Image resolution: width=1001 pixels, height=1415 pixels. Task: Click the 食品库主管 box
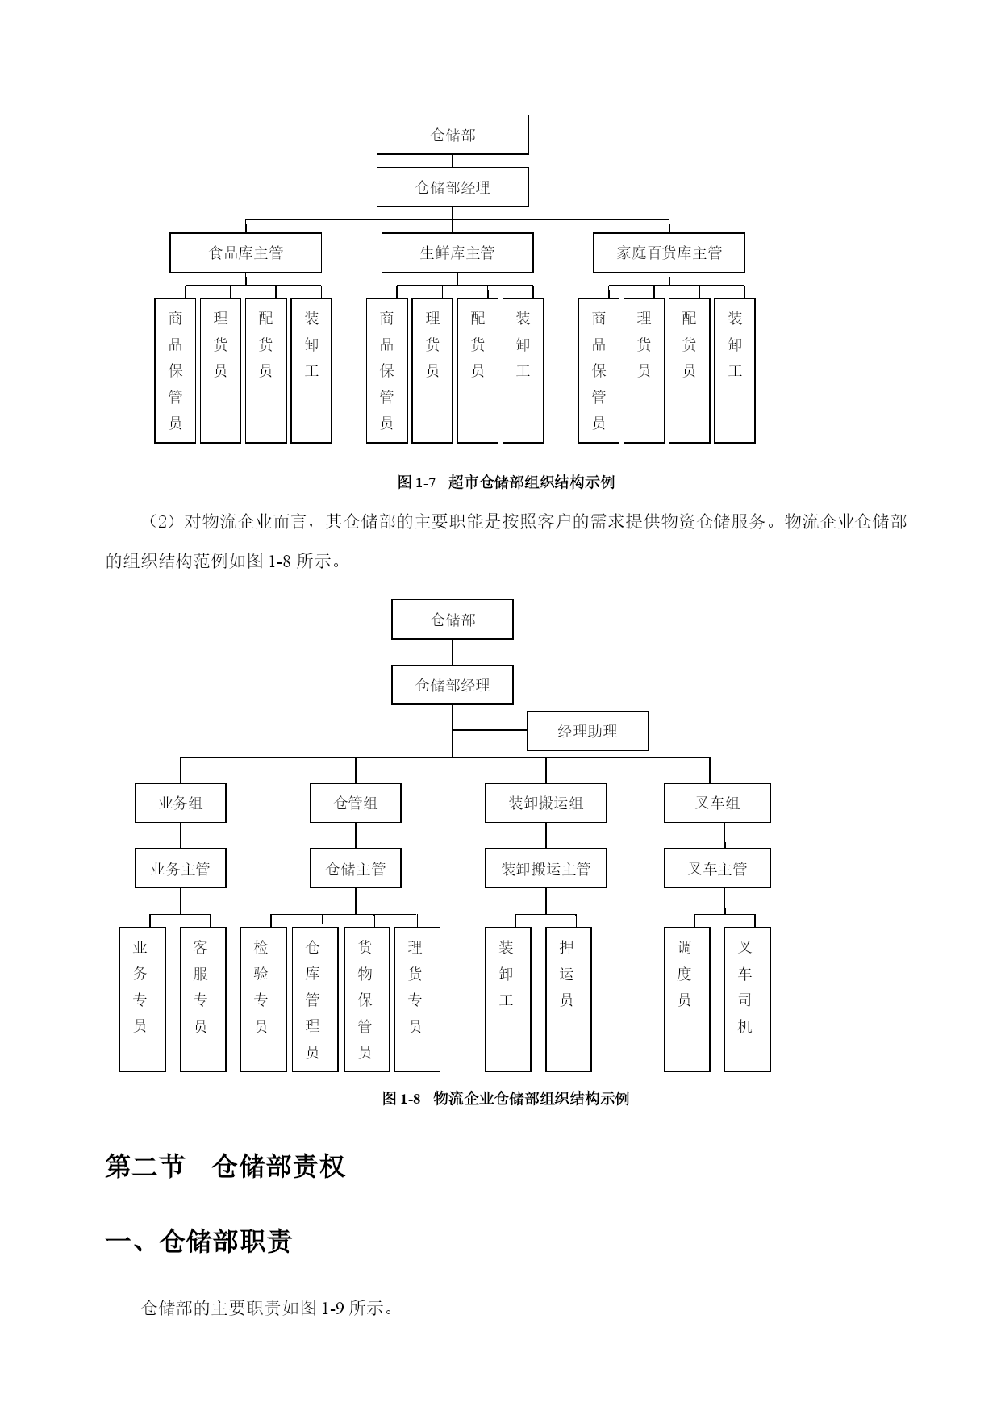pos(245,253)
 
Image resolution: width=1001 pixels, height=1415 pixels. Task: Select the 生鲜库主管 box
pos(457,253)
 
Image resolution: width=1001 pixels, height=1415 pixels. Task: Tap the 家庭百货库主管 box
pos(669,253)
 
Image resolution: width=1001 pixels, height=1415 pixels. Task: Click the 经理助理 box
pos(587,731)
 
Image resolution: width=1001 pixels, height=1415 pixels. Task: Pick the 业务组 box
pos(180,803)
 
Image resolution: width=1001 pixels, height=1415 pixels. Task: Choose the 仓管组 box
pos(356,803)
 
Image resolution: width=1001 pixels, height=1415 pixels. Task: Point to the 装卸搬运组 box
pos(546,803)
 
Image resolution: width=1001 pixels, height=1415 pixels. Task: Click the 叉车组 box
pos(717,803)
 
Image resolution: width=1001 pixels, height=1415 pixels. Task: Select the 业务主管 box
pos(180,868)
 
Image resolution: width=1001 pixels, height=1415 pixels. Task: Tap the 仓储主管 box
pos(356,868)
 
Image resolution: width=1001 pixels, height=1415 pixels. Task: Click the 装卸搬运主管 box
pos(546,868)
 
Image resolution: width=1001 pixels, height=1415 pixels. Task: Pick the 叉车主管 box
pos(717,868)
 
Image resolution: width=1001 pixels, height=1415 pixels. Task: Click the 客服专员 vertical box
pos(202,1000)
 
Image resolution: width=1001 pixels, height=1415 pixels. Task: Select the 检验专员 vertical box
pos(263,1000)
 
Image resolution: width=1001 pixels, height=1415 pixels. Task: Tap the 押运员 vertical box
pos(568,1000)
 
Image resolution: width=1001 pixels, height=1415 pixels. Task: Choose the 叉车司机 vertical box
pos(747,1000)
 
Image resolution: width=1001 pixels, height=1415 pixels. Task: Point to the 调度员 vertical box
pos(686,1000)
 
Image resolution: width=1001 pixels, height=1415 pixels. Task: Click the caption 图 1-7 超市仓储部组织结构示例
pos(506,482)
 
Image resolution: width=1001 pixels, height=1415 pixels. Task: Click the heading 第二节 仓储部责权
pos(225,1166)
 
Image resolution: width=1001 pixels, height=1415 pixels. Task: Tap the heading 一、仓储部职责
pos(198,1241)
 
